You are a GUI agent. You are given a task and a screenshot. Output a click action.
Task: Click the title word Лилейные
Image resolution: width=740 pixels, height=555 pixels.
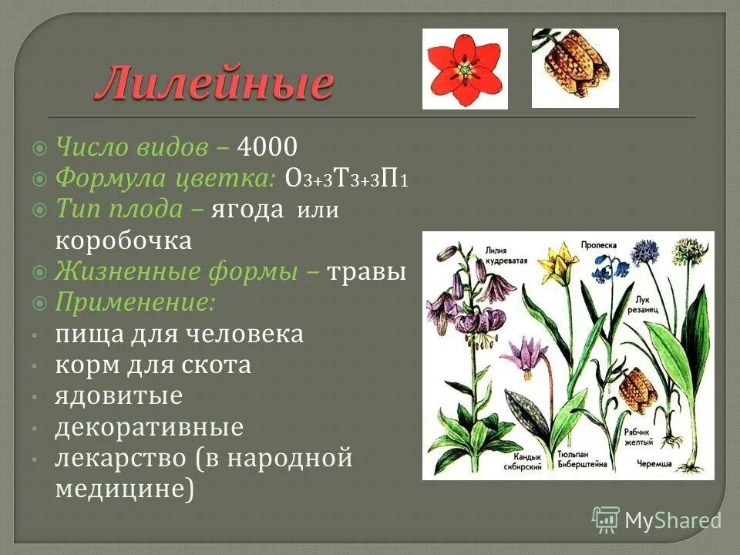pos(214,83)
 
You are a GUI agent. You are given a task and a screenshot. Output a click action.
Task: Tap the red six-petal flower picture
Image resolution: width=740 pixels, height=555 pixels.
pos(465,69)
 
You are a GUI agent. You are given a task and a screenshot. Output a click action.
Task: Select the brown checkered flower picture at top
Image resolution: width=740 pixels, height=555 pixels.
pos(575,68)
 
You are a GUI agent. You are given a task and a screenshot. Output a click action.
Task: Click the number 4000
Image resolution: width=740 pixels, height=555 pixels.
pos(267,146)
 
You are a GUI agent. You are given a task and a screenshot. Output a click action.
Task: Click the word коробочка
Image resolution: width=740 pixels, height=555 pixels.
pos(123,240)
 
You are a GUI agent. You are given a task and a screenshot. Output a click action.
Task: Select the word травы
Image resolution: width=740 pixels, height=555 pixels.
pos(367,272)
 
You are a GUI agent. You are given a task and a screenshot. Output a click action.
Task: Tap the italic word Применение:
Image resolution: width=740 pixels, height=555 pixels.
pos(135,302)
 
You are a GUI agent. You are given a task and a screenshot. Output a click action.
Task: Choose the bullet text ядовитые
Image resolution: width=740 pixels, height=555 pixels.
pos(119,396)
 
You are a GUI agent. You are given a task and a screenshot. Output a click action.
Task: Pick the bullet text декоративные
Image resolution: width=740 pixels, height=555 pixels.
pos(149,427)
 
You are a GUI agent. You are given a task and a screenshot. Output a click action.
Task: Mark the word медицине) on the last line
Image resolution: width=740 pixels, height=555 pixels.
pos(123,489)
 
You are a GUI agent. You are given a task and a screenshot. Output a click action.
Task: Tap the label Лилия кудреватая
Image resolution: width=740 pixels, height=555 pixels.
pos(506,255)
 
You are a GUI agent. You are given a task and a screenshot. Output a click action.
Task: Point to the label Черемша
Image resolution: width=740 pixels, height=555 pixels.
pos(655,464)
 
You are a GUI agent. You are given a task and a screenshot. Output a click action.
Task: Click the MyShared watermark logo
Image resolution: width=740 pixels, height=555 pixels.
pos(657,520)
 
